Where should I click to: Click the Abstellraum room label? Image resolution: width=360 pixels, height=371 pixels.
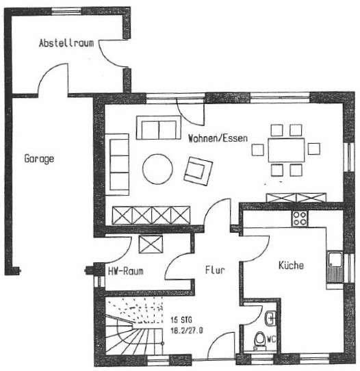[x=66, y=43]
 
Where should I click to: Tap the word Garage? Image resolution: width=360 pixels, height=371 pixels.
[x=39, y=159]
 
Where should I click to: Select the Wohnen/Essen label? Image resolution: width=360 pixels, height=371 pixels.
[x=218, y=138]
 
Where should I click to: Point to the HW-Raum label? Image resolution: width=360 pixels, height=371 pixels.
[x=126, y=271]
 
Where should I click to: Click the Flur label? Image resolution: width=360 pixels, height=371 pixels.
[x=215, y=270]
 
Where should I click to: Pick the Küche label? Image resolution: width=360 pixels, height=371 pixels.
[x=291, y=265]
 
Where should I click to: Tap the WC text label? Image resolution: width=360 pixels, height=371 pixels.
[x=271, y=340]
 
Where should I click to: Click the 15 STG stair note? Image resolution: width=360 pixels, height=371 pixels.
[x=181, y=320]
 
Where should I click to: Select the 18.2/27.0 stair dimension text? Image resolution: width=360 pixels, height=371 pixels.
[x=187, y=331]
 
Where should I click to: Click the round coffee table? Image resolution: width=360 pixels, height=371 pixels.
[x=157, y=169]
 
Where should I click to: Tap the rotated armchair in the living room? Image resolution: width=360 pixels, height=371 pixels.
[x=198, y=170]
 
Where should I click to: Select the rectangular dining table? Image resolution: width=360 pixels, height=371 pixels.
[x=286, y=150]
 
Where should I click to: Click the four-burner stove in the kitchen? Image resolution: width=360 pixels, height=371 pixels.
[x=300, y=218]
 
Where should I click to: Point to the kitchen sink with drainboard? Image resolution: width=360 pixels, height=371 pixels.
[x=335, y=268]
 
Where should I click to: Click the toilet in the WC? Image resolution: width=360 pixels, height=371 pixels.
[x=259, y=341]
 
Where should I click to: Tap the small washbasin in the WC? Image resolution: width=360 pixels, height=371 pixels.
[x=270, y=318]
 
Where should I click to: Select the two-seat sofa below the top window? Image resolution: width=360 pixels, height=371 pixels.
[x=159, y=127]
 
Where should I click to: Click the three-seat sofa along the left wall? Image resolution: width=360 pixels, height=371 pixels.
[x=117, y=165]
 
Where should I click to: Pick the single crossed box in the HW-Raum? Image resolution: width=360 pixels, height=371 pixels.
[x=151, y=244]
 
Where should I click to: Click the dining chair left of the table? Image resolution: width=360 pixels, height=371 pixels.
[x=258, y=150]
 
